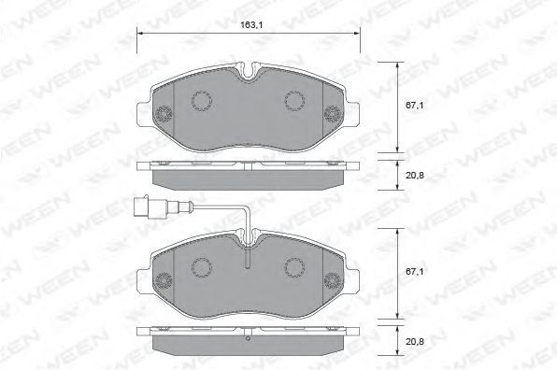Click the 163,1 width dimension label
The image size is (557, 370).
[x=249, y=25]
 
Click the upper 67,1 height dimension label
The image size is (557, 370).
[x=415, y=106]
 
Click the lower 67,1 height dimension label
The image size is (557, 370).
[x=415, y=272]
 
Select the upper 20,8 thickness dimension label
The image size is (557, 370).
[x=415, y=175]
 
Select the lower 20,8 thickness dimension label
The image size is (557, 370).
[x=415, y=342]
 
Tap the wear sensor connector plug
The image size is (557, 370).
[x=142, y=206]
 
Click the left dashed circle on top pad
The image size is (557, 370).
[x=202, y=101]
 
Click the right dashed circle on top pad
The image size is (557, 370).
[x=294, y=101]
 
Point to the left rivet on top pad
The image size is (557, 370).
[x=164, y=114]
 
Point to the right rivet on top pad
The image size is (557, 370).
[x=333, y=114]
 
